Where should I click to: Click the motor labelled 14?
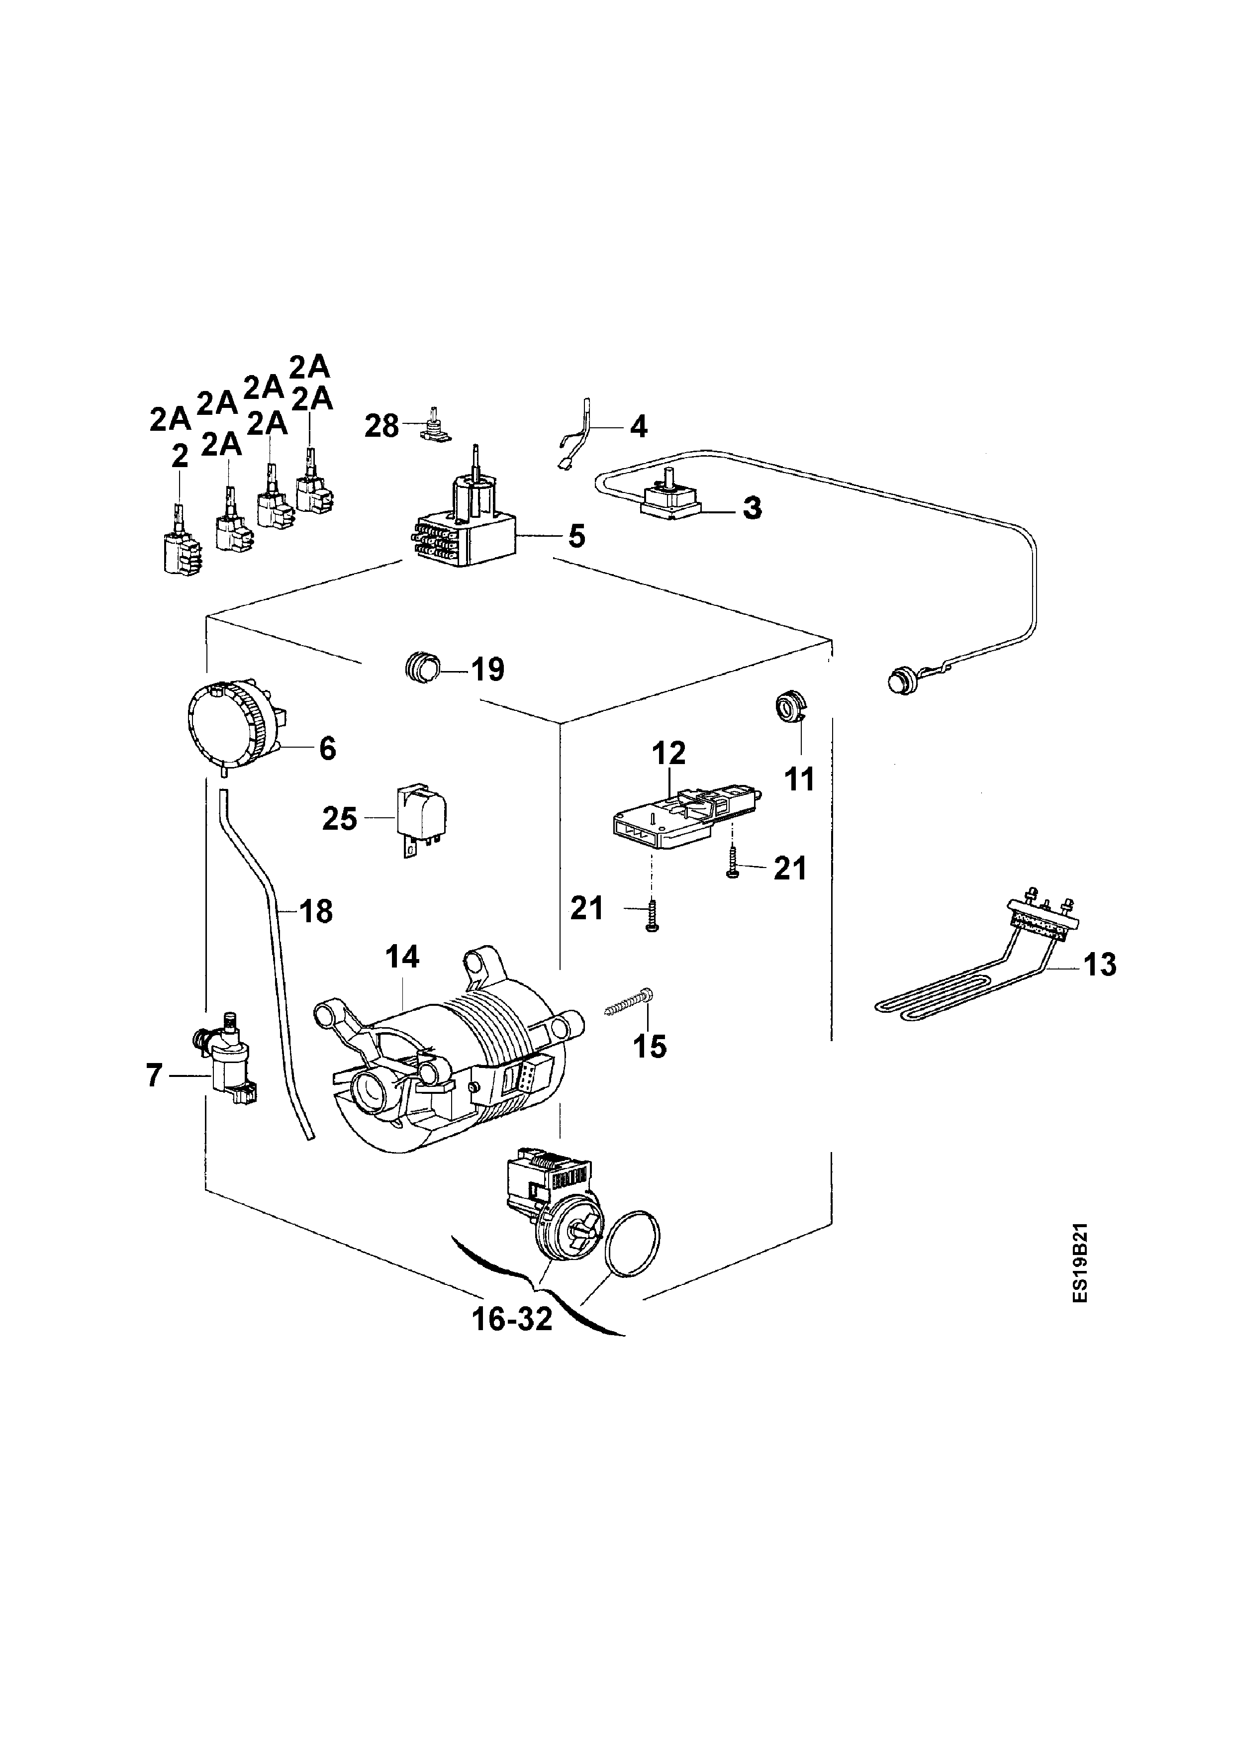pos(448,1064)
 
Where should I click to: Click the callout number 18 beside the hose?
pos(316,910)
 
